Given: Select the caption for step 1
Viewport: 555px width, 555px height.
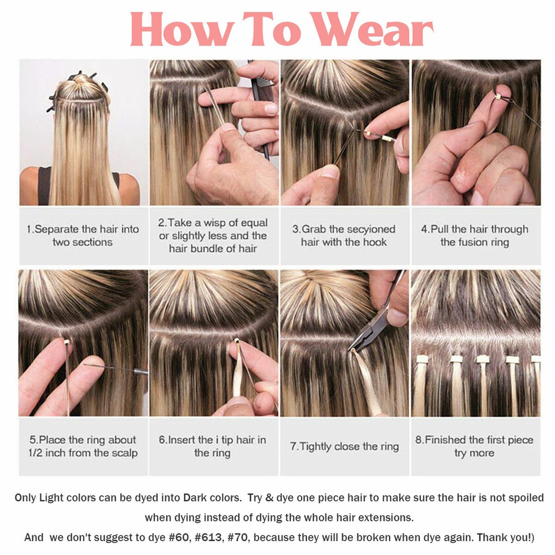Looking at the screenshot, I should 83,235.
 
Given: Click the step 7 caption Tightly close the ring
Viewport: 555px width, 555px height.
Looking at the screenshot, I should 344,446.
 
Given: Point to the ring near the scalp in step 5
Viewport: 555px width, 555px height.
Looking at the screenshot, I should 67,342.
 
